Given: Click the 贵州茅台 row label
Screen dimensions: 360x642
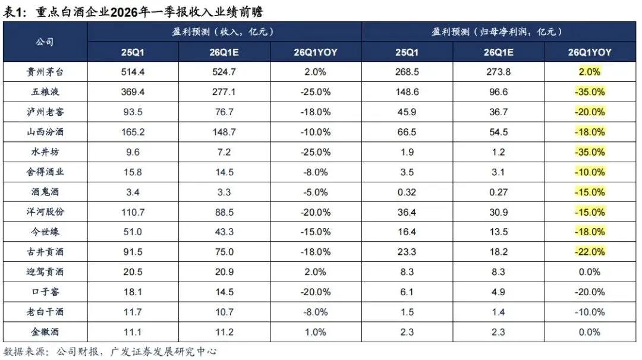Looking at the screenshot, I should pyautogui.click(x=46, y=71).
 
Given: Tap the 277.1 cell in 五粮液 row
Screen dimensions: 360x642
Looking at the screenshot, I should pyautogui.click(x=225, y=91).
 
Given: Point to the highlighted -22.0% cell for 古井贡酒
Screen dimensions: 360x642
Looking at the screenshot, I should pyautogui.click(x=589, y=252).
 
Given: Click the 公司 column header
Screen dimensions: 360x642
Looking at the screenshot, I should pyautogui.click(x=45, y=42).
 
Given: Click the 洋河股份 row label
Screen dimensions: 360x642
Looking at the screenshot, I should pyautogui.click(x=46, y=211).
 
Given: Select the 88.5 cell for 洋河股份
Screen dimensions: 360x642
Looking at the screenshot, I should pyautogui.click(x=225, y=211).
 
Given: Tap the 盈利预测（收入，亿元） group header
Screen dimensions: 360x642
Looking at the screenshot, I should pyautogui.click(x=225, y=31).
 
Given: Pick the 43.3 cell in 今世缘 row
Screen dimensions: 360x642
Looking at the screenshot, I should pyautogui.click(x=225, y=232).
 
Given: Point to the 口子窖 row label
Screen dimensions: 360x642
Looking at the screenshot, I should pyautogui.click(x=46, y=292).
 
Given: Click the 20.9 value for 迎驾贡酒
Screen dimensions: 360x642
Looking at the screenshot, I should pyautogui.click(x=225, y=271).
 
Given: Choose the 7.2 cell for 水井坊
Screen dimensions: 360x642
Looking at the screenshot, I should pyautogui.click(x=225, y=151).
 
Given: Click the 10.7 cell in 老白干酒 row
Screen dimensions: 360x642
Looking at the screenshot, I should pyautogui.click(x=225, y=312).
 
